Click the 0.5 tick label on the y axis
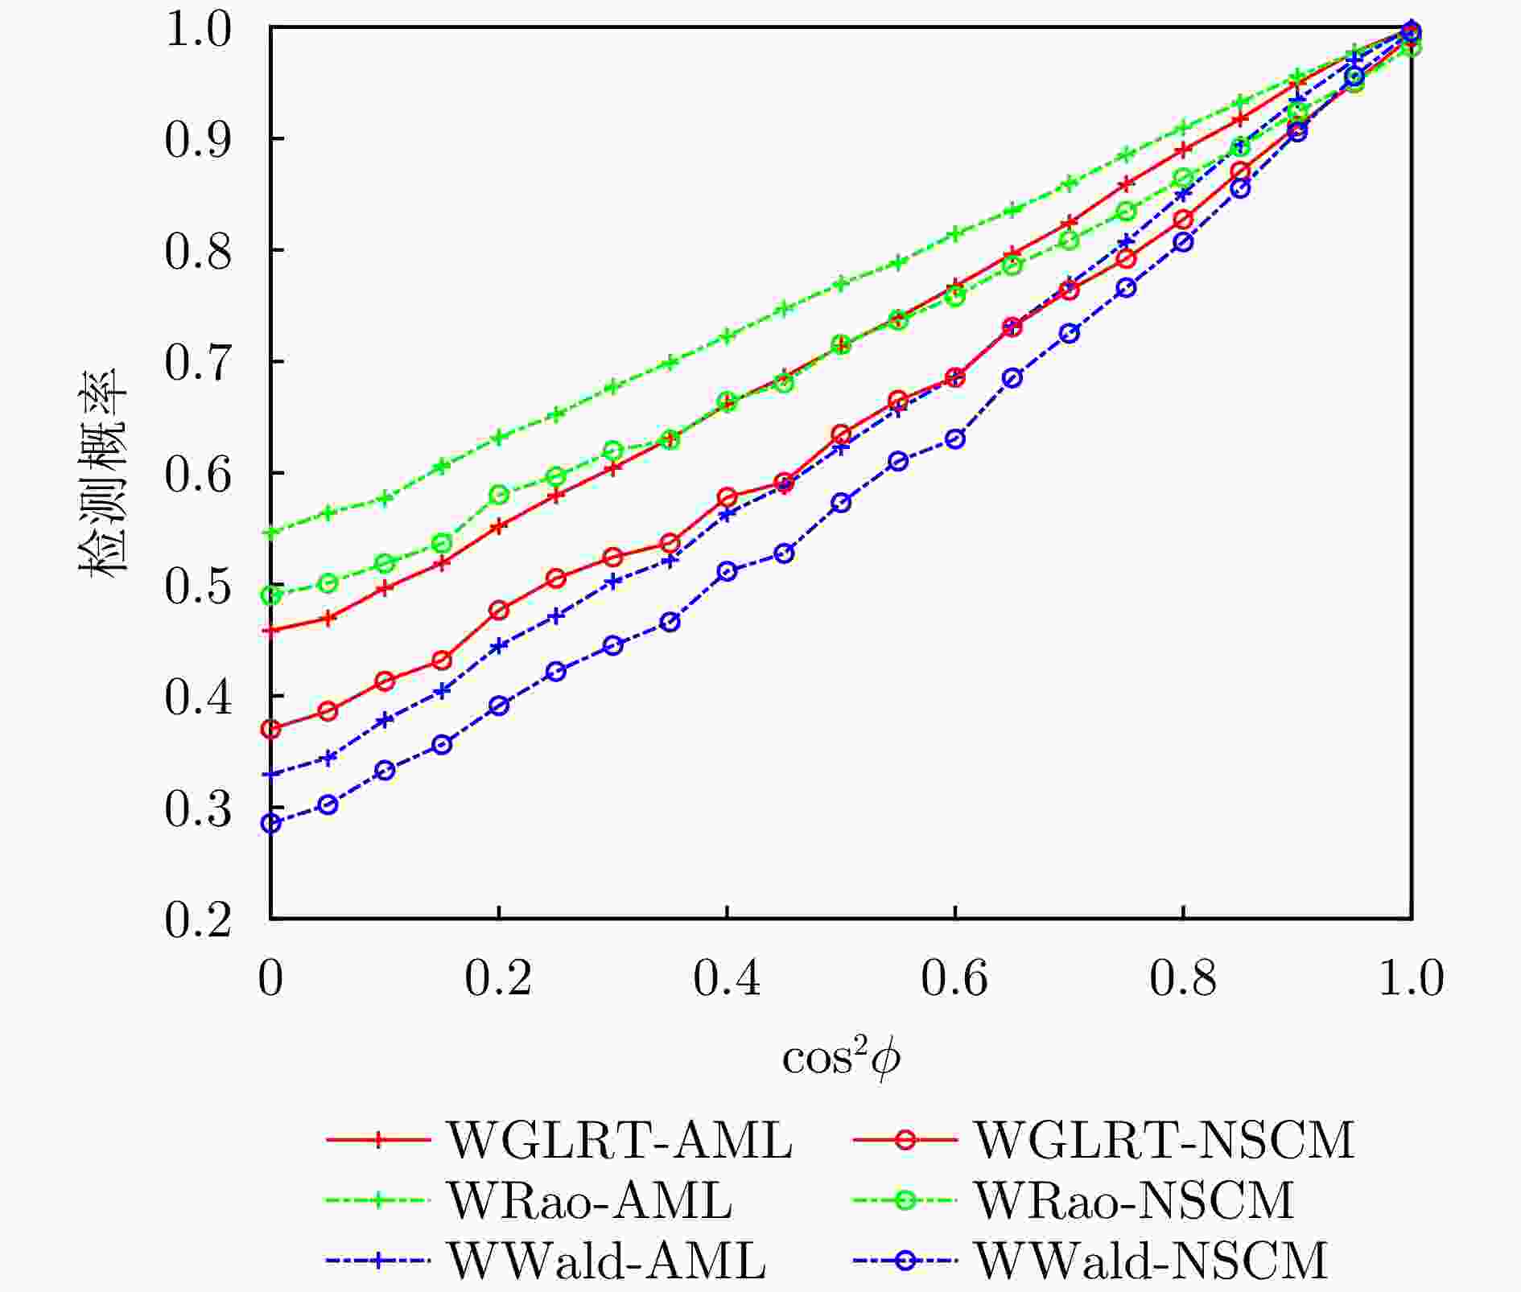click(198, 586)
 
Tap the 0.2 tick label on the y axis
click(198, 920)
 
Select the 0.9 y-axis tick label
click(198, 140)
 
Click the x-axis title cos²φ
click(841, 1059)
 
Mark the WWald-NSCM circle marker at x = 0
click(271, 823)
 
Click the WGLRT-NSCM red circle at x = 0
click(271, 730)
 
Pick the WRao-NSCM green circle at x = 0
click(271, 595)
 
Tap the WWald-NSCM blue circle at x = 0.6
click(955, 439)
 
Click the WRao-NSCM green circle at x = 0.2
click(499, 494)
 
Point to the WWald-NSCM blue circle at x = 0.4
click(728, 571)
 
